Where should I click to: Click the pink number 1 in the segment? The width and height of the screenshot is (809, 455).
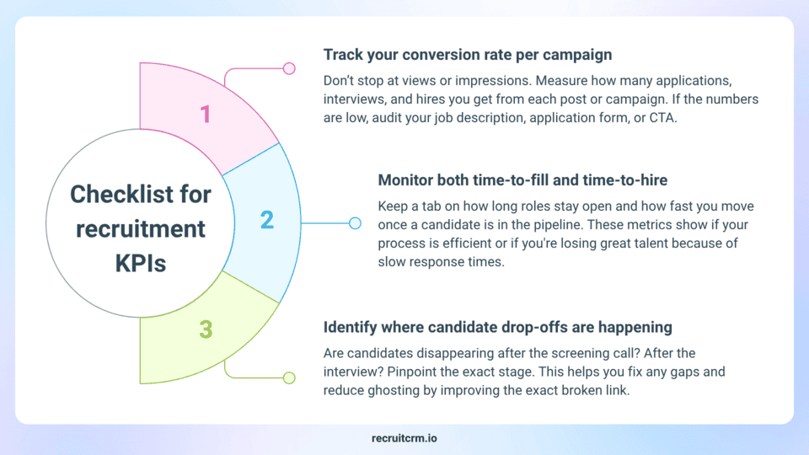pyautogui.click(x=206, y=114)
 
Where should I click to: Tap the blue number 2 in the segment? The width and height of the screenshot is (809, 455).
pyautogui.click(x=267, y=220)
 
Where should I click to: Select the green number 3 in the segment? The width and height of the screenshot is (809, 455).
pyautogui.click(x=206, y=329)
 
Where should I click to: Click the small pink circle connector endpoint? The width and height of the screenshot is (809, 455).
pyautogui.click(x=289, y=68)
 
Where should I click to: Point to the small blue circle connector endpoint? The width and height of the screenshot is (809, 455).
pyautogui.click(x=355, y=223)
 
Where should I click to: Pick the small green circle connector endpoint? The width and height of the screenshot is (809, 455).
pyautogui.click(x=289, y=378)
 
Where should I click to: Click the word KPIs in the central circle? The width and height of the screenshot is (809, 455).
pyautogui.click(x=141, y=264)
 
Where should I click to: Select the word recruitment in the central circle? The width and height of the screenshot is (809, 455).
pyautogui.click(x=141, y=229)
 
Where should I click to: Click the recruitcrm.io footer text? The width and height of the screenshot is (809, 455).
pyautogui.click(x=404, y=438)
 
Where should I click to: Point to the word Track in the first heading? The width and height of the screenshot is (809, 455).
pyautogui.click(x=343, y=55)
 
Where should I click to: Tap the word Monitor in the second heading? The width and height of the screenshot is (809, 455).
pyautogui.click(x=405, y=180)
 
